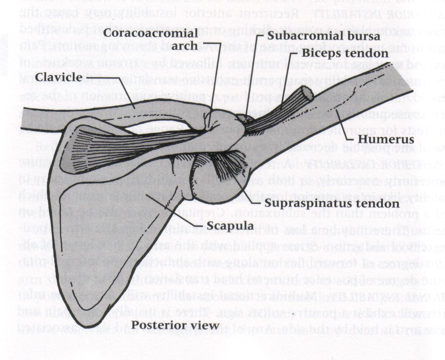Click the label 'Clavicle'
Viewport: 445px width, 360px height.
click(x=58, y=78)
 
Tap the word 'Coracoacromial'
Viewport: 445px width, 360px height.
click(x=151, y=33)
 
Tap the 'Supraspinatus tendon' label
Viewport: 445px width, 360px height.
click(x=332, y=203)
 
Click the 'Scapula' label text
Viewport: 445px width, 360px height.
click(x=230, y=226)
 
